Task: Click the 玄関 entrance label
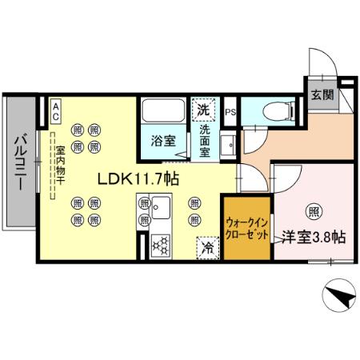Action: point(322,94)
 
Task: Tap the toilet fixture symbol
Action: point(268,109)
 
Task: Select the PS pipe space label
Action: point(230,112)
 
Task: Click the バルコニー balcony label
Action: point(19,160)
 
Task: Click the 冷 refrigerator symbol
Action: point(206,247)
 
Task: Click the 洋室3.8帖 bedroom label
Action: point(314,238)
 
